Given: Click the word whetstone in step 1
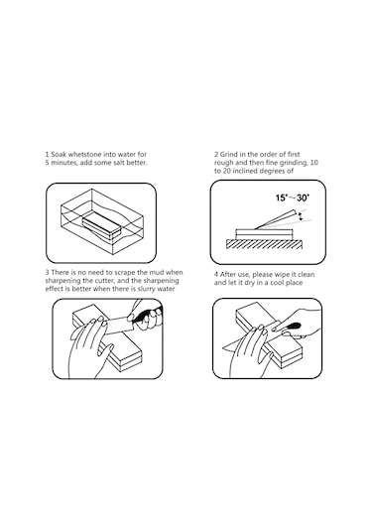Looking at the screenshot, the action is [80, 155].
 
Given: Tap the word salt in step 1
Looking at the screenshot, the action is [118, 163].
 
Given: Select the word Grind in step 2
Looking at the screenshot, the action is [229, 155].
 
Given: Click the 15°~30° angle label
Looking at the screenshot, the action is [293, 198].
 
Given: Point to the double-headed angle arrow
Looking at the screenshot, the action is [301, 217].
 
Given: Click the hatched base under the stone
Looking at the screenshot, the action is [264, 244].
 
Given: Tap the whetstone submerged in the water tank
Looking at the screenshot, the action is [101, 226].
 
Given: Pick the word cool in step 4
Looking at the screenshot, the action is [276, 283].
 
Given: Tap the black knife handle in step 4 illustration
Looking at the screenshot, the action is [292, 327].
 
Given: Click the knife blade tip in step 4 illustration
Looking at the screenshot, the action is [222, 348].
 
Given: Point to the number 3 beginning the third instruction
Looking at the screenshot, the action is [47, 273].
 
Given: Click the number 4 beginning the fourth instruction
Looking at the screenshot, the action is [216, 275].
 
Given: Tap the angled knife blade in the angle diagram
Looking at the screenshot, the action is [275, 219].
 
